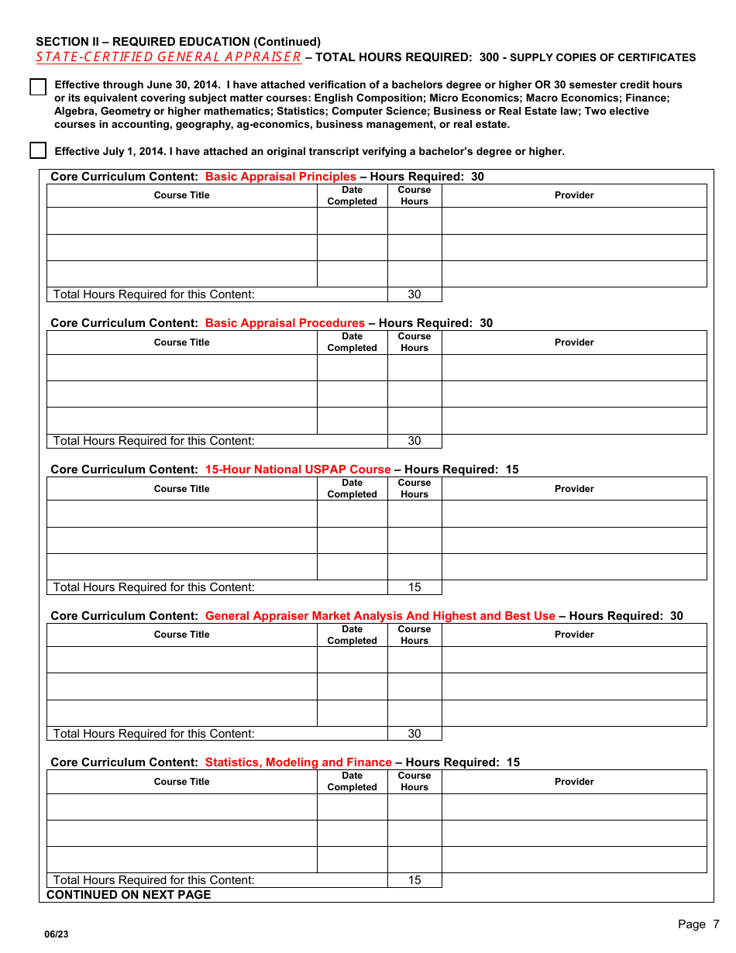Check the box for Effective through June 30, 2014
(38, 87)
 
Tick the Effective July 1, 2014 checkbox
(38, 150)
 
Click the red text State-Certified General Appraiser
(169, 57)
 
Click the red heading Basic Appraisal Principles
(280, 177)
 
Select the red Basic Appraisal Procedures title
(284, 323)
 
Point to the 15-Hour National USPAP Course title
(297, 470)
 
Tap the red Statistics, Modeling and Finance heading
(298, 762)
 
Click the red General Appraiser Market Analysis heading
(380, 616)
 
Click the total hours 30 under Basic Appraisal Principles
(414, 294)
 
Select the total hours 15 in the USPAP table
(414, 587)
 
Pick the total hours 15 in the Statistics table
(414, 880)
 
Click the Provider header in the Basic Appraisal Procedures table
(574, 342)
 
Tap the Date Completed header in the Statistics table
(352, 781)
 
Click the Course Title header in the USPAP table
(181, 489)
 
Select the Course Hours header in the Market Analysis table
(414, 635)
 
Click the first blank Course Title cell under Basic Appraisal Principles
(181, 221)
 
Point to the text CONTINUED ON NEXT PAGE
(129, 895)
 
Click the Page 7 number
(698, 924)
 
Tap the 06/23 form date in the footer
(57, 934)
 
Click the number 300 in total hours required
(489, 57)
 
